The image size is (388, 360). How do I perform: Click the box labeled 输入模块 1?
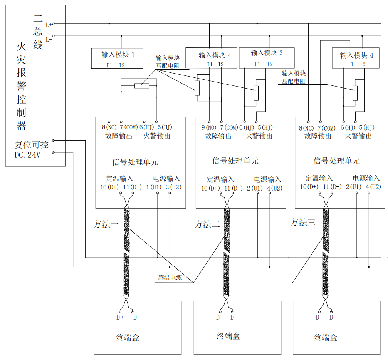point(118,58)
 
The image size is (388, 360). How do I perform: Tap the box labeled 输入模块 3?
point(267,57)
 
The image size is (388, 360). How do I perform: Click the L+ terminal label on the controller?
point(49,24)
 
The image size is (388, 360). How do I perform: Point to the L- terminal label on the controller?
point(49,39)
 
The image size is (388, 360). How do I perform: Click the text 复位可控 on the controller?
point(31,145)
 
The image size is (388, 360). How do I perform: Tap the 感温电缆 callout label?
point(170,277)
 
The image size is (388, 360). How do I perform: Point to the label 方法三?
point(302,222)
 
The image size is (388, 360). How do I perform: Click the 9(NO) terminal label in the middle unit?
point(208,127)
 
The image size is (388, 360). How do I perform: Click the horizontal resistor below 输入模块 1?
point(141,85)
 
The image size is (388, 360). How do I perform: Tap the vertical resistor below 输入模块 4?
point(355,93)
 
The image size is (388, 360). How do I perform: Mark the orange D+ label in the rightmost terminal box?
point(319,317)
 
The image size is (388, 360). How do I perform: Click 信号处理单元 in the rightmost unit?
point(336,161)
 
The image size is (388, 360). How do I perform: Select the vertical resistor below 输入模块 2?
point(197,88)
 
